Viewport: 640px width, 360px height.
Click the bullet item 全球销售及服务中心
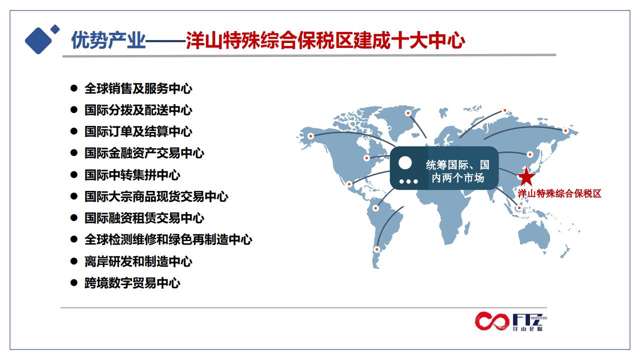click(138, 88)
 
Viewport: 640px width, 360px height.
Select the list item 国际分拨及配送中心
click(138, 110)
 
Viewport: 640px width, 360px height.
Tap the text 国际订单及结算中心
click(138, 131)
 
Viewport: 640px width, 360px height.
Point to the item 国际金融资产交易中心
click(144, 153)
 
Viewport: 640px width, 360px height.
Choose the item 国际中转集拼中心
click(132, 175)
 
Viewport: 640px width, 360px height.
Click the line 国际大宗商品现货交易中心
click(156, 196)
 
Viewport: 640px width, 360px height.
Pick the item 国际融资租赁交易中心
click(144, 218)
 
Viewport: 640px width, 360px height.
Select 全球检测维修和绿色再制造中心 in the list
click(168, 239)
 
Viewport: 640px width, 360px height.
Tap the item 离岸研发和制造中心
click(138, 261)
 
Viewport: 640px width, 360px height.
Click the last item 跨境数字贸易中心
click(132, 283)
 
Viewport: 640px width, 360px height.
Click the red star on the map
click(526, 177)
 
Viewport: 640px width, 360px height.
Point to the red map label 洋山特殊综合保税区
click(559, 193)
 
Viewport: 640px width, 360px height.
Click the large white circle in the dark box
click(405, 163)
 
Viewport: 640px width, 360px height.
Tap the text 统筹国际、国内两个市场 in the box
click(457, 171)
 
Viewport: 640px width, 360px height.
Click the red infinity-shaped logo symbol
click(492, 321)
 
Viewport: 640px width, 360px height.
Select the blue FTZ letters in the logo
click(527, 319)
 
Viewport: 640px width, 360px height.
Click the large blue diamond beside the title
click(38, 40)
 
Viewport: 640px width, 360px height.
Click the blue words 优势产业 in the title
click(108, 40)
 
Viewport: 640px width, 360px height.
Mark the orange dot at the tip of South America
click(377, 249)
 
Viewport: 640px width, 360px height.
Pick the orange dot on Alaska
click(310, 136)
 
